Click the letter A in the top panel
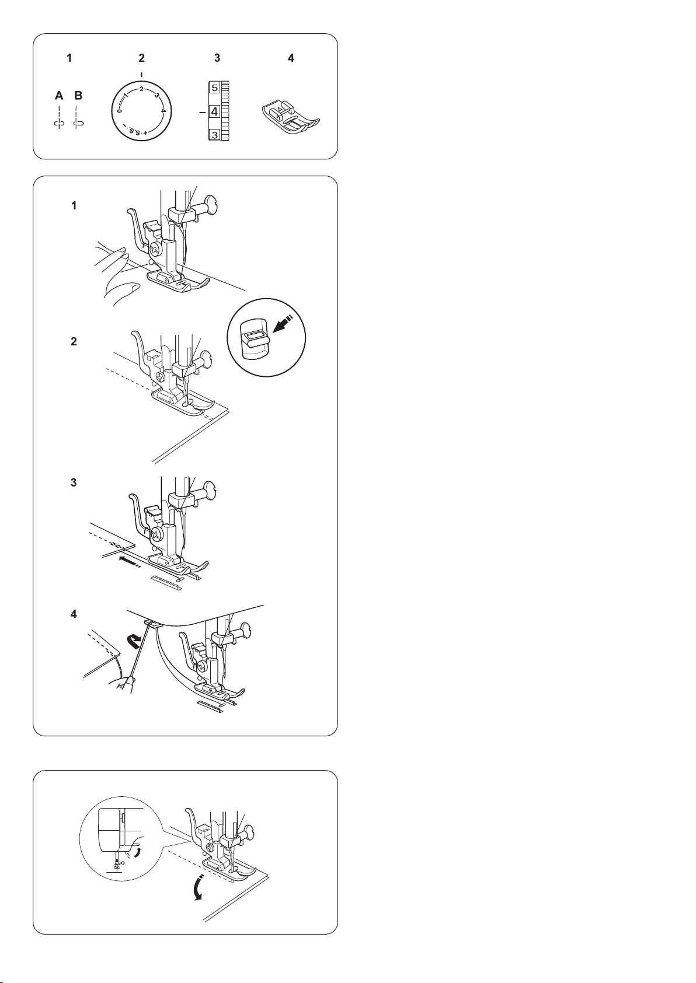tap(59, 95)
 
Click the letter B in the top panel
tap(78, 95)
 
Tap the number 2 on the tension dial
tap(141, 89)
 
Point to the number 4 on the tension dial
tap(162, 111)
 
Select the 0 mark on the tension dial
tap(119, 111)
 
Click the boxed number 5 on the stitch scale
tap(214, 88)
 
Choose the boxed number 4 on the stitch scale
tap(214, 112)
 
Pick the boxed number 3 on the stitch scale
tap(214, 135)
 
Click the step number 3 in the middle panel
tap(74, 482)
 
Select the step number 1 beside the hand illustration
tap(74, 205)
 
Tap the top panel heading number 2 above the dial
tap(141, 58)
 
